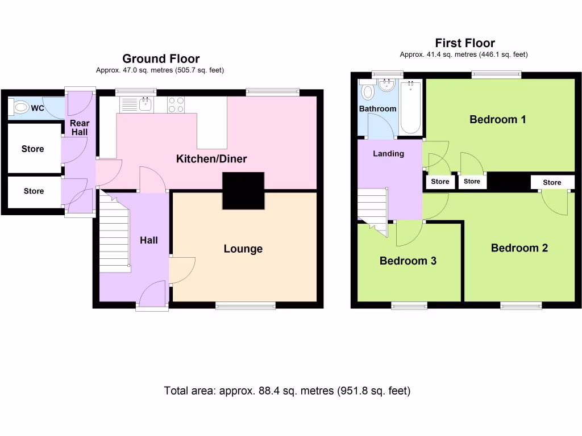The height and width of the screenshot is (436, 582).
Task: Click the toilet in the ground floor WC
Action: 22,107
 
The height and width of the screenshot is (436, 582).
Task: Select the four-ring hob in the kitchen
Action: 176,104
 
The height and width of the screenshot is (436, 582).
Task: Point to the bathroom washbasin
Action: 388,86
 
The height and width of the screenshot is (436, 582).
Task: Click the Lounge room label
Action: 243,249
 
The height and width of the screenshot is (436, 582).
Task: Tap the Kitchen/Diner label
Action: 211,159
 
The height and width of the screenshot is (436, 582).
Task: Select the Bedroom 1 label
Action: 497,119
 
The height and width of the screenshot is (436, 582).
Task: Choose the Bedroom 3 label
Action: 408,261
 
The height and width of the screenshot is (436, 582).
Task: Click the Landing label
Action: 388,153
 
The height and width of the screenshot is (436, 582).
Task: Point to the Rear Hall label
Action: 80,128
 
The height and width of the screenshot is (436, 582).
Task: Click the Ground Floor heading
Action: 161,58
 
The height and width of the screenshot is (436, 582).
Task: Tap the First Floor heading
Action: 464,43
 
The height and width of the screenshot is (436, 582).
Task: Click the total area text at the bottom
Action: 287,391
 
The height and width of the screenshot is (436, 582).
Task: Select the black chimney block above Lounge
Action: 243,191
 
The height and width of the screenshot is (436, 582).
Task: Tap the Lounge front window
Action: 246,305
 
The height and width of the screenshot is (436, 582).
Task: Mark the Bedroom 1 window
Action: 496,74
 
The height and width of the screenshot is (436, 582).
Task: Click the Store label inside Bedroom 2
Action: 552,182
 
